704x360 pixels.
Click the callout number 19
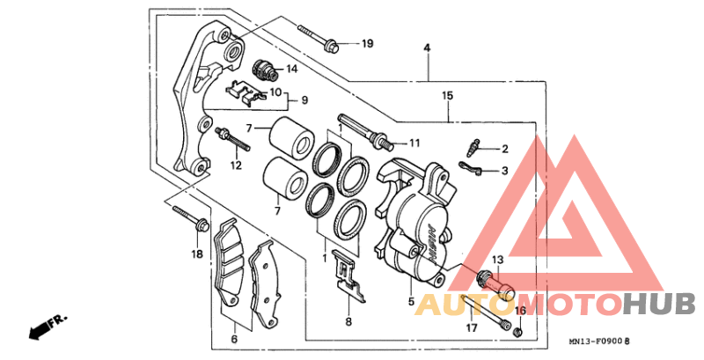(367, 43)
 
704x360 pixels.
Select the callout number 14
(292, 69)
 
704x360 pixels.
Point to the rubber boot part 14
(264, 70)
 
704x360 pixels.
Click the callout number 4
(427, 48)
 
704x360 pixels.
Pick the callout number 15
(447, 95)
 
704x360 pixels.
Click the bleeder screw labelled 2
(473, 147)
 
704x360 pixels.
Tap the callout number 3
(504, 171)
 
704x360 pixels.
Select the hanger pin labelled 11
(365, 132)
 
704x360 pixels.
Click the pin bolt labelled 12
(232, 140)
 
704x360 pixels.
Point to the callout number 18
(197, 254)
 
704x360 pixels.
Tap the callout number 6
(234, 339)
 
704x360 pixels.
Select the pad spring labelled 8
(348, 276)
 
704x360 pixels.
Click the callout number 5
(411, 302)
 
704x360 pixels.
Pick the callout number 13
(498, 260)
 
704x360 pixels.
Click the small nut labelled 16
(518, 333)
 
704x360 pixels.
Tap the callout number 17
(472, 328)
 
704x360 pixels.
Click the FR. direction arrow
(47, 327)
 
